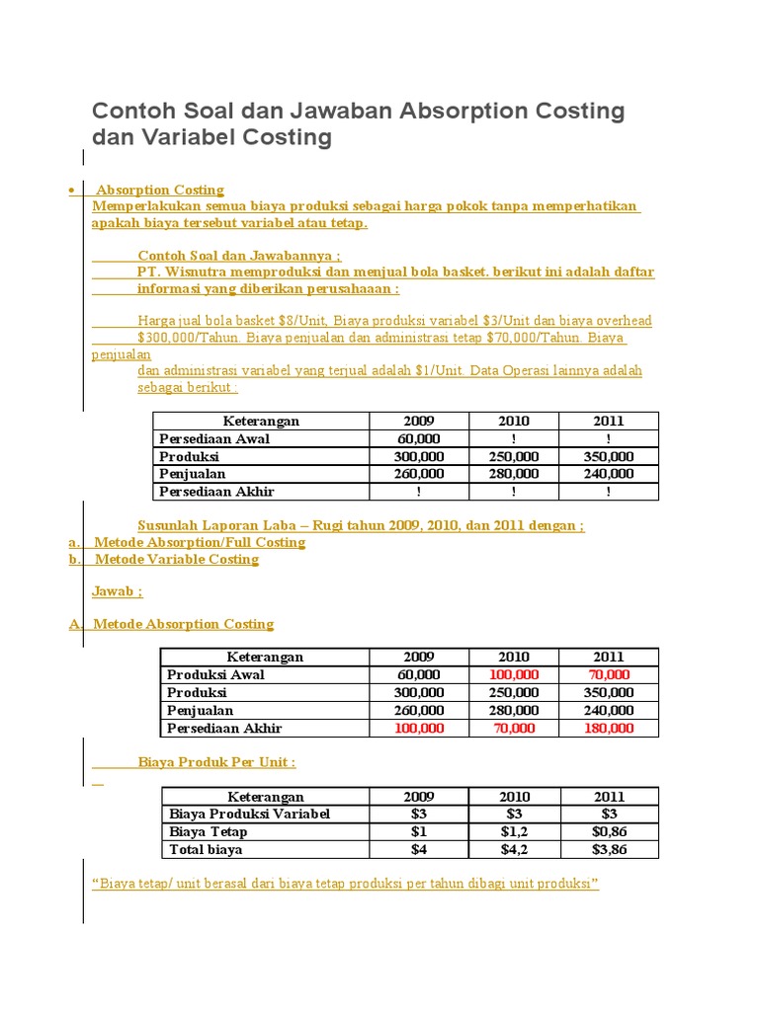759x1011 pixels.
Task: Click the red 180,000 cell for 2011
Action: (x=609, y=729)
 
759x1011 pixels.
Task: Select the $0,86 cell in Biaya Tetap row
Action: (x=609, y=832)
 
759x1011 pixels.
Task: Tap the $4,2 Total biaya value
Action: (x=514, y=850)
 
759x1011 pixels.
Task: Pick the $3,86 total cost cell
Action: (x=609, y=850)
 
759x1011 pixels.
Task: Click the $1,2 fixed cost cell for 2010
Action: (x=514, y=832)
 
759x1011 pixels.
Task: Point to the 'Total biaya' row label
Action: (x=206, y=850)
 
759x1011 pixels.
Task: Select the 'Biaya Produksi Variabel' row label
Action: (x=249, y=815)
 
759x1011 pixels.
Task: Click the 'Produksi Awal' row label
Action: (x=215, y=675)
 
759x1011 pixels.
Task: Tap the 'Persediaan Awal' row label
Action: (x=213, y=439)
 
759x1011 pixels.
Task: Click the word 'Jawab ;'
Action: (x=117, y=591)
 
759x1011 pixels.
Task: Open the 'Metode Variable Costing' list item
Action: (x=176, y=560)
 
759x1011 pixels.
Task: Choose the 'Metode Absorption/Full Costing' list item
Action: (x=200, y=543)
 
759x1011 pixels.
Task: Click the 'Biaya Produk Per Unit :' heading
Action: (x=216, y=762)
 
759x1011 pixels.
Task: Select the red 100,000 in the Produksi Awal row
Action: (x=514, y=675)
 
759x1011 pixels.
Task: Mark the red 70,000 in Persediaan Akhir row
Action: (x=514, y=729)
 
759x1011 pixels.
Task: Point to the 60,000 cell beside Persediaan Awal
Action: (x=419, y=439)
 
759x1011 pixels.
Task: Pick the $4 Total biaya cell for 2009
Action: (x=419, y=850)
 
